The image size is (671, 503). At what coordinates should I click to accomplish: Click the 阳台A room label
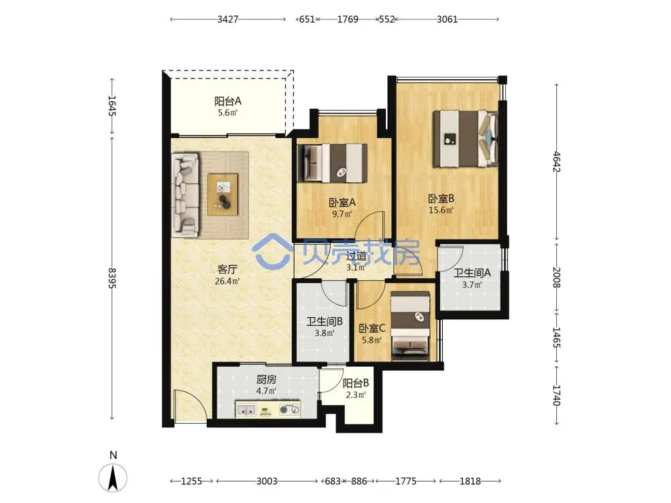click(x=227, y=101)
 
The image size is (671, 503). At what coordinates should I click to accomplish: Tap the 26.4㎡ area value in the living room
click(x=227, y=281)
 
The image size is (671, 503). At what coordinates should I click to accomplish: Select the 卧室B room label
click(x=442, y=199)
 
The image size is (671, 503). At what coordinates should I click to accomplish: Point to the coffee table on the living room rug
click(x=223, y=194)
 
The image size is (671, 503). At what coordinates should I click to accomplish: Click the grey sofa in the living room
click(x=185, y=195)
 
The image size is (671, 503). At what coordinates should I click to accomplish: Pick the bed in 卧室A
click(x=333, y=163)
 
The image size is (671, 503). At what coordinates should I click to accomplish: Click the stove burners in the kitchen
click(x=289, y=410)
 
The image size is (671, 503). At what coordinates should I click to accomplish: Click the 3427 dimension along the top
click(x=227, y=19)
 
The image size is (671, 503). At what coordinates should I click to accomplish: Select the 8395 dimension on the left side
click(x=112, y=278)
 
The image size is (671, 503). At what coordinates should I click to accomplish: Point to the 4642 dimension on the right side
click(x=556, y=161)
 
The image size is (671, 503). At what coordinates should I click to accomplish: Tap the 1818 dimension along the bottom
click(x=470, y=481)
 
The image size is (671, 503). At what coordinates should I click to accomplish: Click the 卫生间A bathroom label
click(x=472, y=273)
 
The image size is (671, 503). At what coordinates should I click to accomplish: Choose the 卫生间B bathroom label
click(x=324, y=321)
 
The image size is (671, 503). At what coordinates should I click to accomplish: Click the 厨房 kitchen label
click(x=266, y=380)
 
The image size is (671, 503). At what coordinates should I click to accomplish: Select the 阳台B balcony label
click(x=356, y=383)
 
